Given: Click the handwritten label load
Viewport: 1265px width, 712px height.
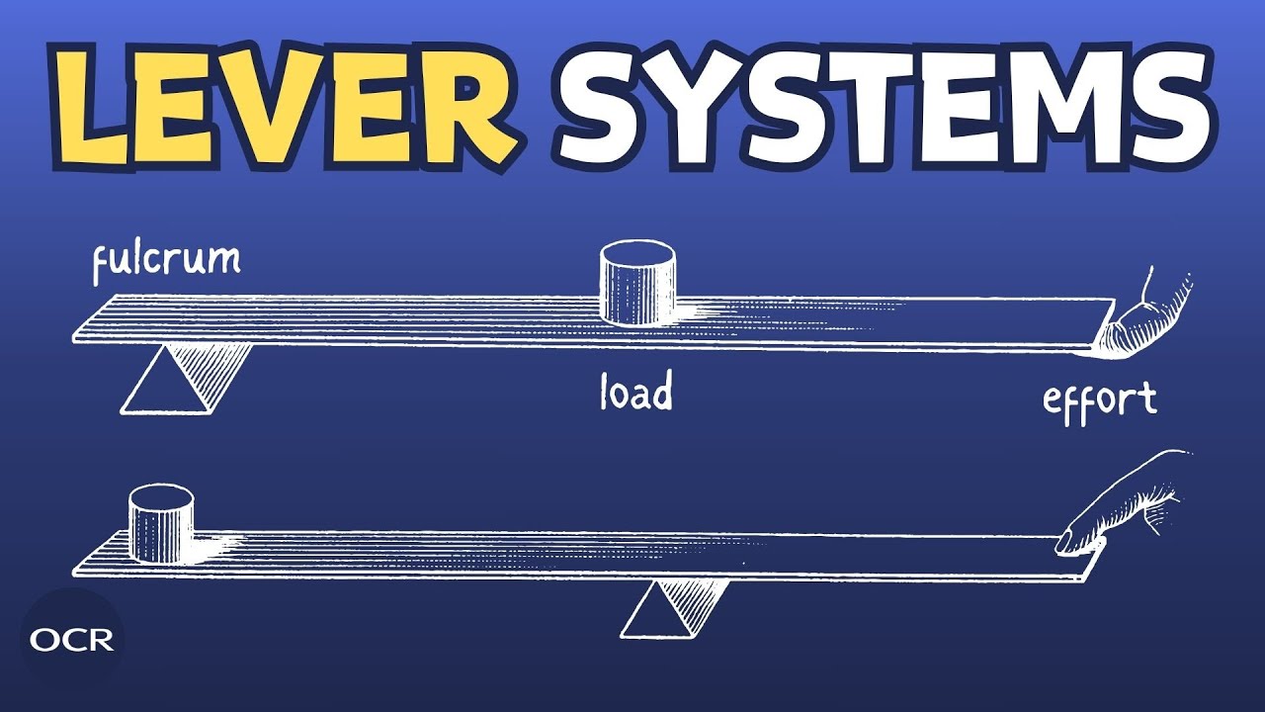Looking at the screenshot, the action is [636, 390].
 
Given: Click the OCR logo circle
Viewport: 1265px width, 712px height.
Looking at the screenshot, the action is [72, 640].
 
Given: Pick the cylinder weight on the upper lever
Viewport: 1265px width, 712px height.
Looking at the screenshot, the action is [637, 283].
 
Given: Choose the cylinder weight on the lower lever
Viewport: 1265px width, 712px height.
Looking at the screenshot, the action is [161, 524].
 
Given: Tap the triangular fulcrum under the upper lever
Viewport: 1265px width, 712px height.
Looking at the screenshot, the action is [187, 378].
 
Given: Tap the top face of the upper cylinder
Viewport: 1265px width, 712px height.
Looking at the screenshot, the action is [637, 252].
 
